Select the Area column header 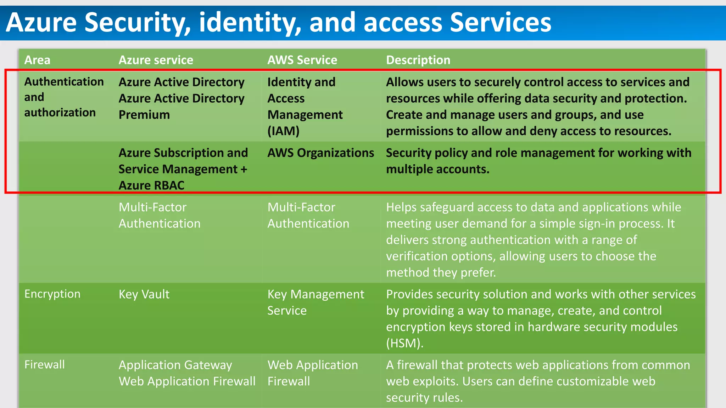coord(37,60)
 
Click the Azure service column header coord(156,60)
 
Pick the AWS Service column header coord(302,60)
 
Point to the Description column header coord(418,60)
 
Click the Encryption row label coord(52,294)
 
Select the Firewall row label coord(44,364)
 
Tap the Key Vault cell coord(144,294)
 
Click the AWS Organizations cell coord(320,153)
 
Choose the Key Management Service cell coord(315,302)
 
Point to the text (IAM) coord(283,131)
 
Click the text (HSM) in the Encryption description coord(404,343)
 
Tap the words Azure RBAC coord(151,185)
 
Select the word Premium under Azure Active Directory coord(144,115)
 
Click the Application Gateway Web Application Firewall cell coord(187,373)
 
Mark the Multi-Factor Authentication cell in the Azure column coord(159,215)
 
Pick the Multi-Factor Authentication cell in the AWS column coord(308,215)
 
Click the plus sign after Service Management coord(244,169)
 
